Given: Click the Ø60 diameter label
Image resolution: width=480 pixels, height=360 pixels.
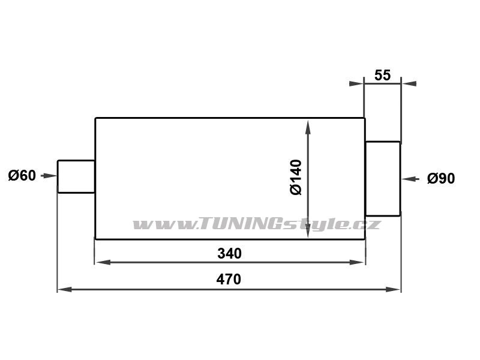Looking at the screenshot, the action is point(22,176).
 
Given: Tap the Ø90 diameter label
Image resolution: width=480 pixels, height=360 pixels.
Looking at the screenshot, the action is point(441,178).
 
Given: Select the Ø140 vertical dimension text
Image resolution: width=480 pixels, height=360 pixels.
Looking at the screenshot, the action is point(296,177).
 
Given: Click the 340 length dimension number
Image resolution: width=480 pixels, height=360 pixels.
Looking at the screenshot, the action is point(229,253).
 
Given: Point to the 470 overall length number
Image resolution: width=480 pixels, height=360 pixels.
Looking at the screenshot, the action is point(229,279).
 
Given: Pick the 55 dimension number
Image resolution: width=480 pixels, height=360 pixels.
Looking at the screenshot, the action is point(382,76).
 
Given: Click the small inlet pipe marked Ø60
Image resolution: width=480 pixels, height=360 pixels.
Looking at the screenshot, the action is point(76,176).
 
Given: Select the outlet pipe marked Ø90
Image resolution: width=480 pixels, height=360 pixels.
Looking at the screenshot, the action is point(383,179).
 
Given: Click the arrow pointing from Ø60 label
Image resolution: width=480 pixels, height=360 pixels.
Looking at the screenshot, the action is point(49,176).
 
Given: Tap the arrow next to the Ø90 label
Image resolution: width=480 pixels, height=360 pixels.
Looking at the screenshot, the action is point(410,179).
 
